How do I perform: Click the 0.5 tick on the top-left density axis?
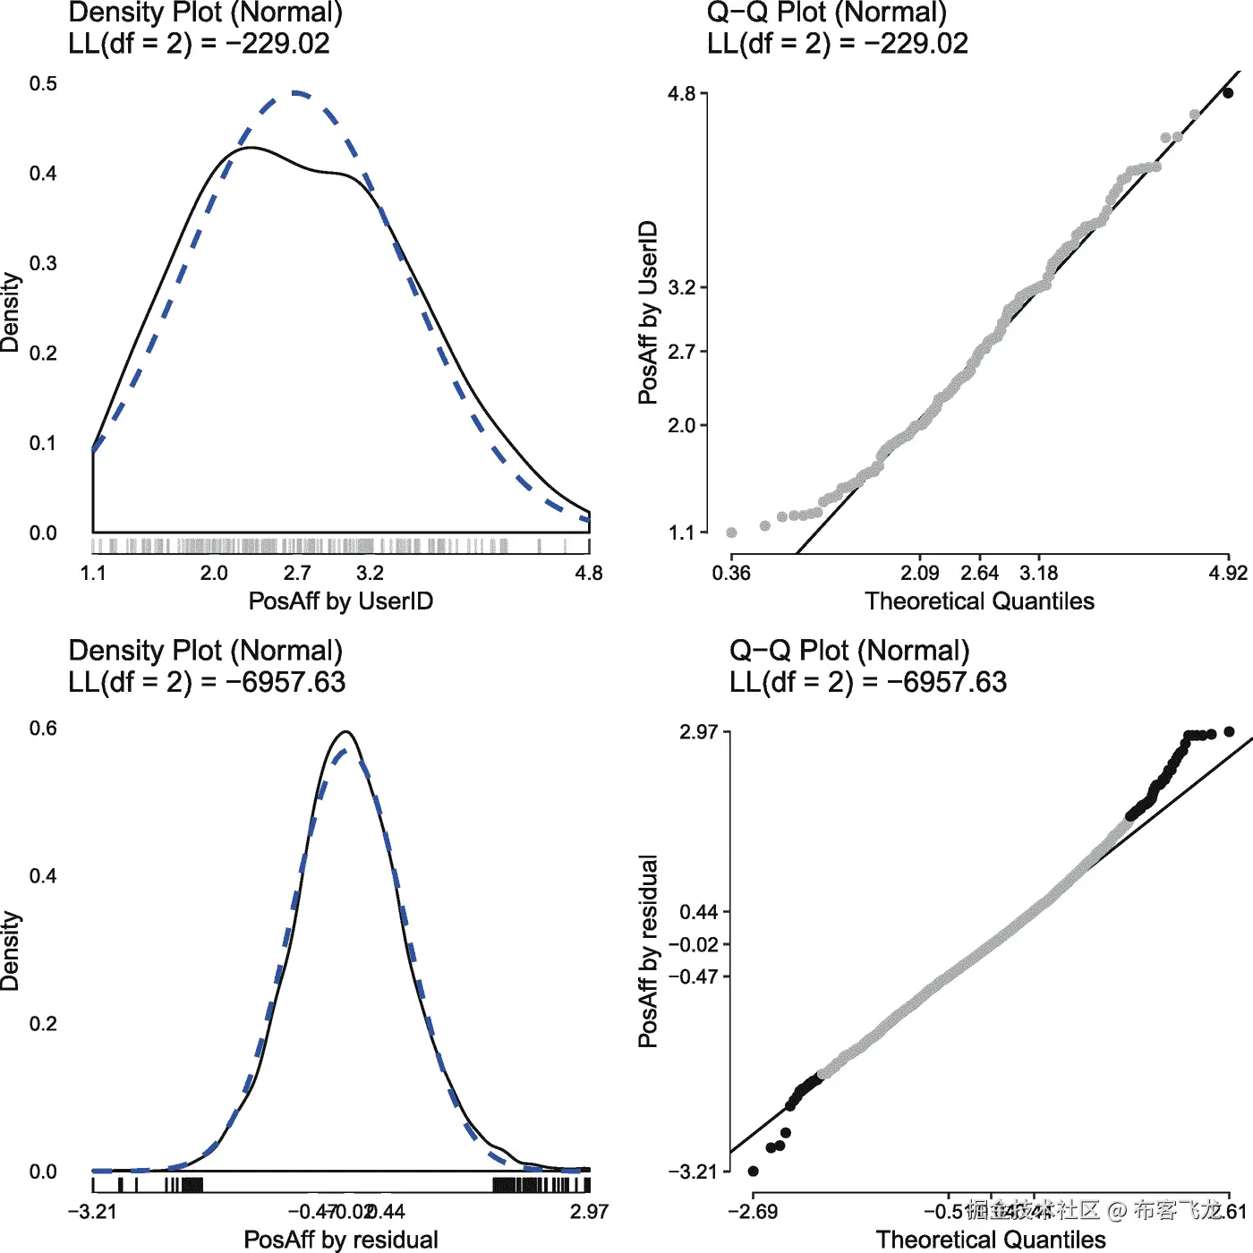43,84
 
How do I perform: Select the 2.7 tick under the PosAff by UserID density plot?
296,573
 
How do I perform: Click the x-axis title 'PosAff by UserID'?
340,601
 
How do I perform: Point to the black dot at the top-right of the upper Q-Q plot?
1228,92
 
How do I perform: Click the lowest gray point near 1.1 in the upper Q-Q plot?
731,533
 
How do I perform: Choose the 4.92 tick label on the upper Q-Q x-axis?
1227,573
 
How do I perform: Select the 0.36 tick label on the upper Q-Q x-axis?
731,573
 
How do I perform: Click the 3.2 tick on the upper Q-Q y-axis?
682,287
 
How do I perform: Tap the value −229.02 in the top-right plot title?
916,44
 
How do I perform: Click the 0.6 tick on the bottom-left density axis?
43,728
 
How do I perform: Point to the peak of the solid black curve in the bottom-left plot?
346,732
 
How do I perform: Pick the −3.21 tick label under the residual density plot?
92,1212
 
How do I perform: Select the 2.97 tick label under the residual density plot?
589,1212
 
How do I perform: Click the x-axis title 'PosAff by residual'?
341,1240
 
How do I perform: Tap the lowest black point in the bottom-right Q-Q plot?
753,1171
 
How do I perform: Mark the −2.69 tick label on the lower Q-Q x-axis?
753,1212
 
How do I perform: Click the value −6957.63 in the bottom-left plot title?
285,682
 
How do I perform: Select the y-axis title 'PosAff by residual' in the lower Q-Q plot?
648,950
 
